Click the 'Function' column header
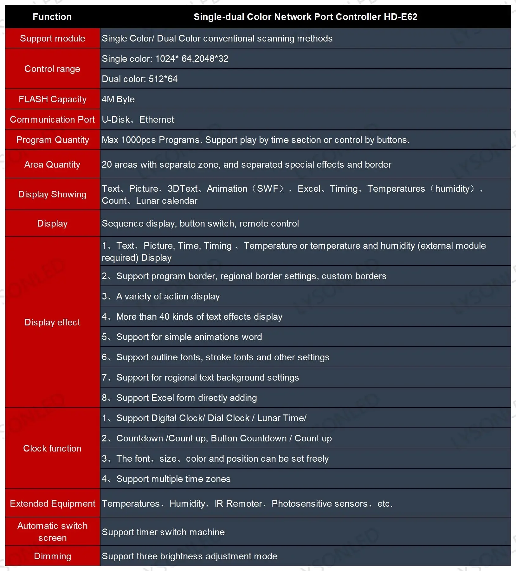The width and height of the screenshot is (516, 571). point(52,17)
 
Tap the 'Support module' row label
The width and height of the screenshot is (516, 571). point(52,38)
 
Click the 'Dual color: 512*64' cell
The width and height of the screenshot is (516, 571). point(139,79)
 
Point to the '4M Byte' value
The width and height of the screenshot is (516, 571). point(118,99)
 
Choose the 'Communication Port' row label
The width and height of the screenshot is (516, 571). point(52,119)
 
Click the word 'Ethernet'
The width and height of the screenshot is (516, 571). point(157,119)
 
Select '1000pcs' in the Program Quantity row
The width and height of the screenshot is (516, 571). point(139,140)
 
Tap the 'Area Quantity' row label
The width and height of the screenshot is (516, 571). point(52,164)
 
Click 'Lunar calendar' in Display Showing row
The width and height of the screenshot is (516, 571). point(166,201)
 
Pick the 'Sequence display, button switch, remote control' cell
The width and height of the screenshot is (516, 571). point(200,223)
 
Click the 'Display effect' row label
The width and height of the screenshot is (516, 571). point(52,322)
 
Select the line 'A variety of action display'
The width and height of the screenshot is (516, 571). point(168,296)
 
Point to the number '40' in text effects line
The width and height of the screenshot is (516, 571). point(164,317)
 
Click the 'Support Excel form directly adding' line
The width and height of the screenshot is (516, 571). point(186,398)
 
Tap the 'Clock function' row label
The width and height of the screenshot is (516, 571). point(52,448)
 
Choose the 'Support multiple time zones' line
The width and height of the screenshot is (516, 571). point(173,479)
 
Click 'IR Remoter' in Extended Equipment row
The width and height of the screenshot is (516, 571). point(238,504)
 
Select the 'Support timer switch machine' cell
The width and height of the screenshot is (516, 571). point(163,532)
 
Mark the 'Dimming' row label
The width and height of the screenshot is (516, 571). point(52,556)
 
